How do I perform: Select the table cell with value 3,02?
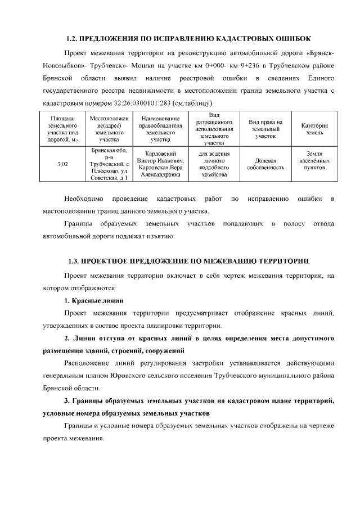(62, 164)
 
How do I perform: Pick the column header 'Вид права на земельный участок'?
(265, 129)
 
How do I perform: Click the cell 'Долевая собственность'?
(265, 164)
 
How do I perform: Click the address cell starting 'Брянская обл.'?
(109, 164)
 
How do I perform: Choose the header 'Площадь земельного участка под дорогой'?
(62, 129)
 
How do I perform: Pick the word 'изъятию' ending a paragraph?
(159, 237)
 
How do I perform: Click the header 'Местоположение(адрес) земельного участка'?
(109, 129)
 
